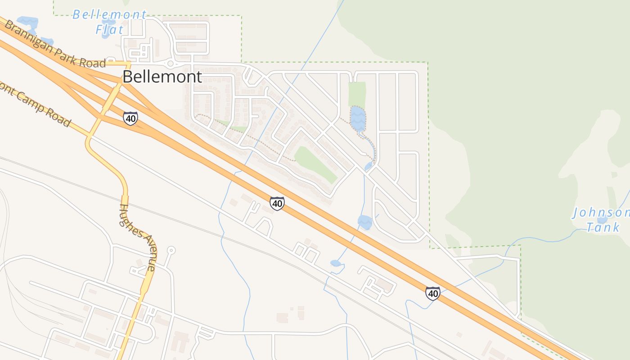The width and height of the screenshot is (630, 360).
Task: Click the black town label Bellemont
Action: click(162, 76)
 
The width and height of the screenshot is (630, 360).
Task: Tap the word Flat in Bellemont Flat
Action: click(109, 30)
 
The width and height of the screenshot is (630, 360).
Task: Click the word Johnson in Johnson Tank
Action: click(601, 213)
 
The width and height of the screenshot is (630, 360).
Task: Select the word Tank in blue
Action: click(603, 227)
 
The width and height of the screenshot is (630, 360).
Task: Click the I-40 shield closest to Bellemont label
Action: click(130, 118)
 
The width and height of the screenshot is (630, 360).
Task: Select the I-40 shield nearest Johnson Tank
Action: click(433, 293)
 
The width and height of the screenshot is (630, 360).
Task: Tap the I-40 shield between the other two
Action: click(277, 203)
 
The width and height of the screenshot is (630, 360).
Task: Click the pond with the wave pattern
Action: click(358, 118)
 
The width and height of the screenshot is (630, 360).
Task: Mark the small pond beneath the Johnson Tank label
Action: click(602, 220)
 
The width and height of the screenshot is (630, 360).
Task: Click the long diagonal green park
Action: click(315, 164)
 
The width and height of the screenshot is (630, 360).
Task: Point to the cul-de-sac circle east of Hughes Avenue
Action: click(171, 250)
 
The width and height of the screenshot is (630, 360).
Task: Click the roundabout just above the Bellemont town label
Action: click(170, 64)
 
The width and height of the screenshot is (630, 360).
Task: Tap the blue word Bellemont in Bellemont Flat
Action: click(109, 15)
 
